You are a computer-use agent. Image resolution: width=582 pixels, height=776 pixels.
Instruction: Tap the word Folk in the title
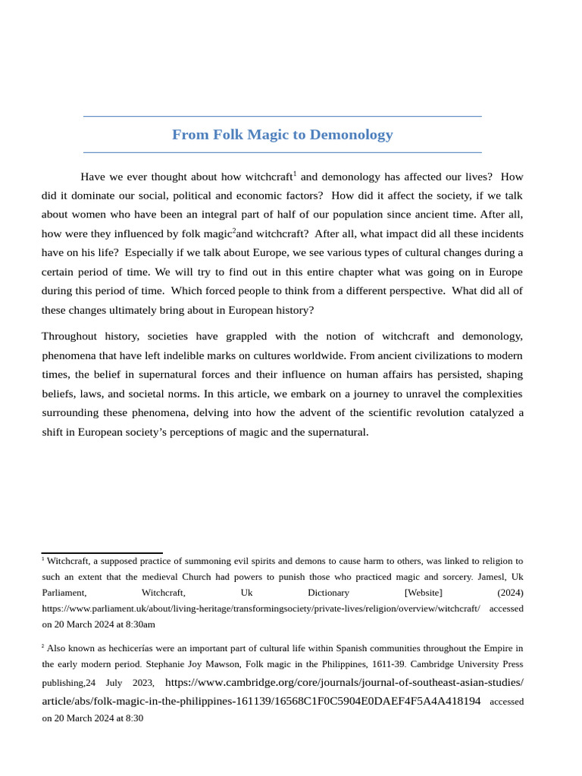coord(228,135)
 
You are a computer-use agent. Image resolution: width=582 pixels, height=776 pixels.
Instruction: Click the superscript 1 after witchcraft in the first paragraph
coord(295,174)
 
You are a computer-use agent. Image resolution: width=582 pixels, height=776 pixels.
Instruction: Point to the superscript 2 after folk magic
coord(234,230)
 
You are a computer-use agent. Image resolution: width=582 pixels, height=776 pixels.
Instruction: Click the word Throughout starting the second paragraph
coord(70,336)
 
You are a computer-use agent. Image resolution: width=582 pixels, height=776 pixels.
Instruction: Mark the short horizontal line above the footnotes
coord(102,553)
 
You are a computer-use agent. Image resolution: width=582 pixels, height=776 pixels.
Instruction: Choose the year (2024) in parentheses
coord(510,593)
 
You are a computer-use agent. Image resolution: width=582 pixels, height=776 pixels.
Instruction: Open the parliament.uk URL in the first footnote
coord(261,609)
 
